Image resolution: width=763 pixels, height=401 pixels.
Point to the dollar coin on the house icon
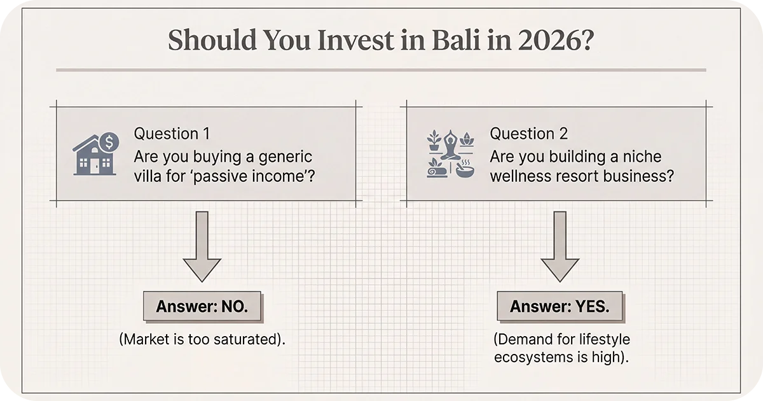click(x=109, y=140)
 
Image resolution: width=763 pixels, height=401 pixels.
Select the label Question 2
click(x=528, y=134)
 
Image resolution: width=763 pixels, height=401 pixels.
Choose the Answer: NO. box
click(x=202, y=307)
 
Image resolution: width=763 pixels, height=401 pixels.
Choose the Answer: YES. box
click(x=560, y=307)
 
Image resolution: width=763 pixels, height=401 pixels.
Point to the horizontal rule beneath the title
click(x=381, y=69)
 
